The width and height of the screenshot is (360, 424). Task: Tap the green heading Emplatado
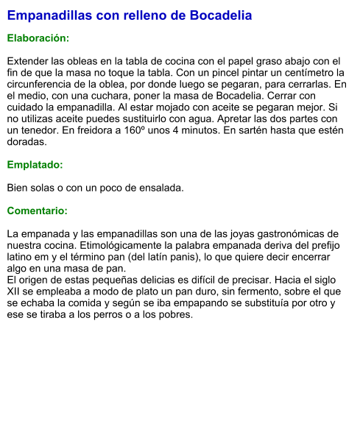[x=35, y=165]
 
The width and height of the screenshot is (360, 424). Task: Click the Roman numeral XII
[x=15, y=291]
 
